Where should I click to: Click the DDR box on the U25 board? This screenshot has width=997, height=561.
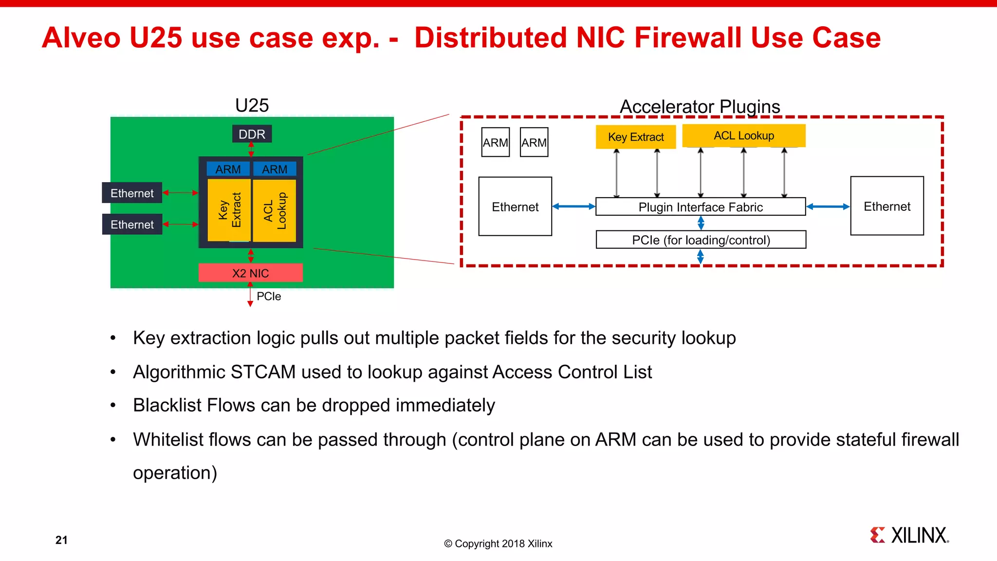pyautogui.click(x=252, y=134)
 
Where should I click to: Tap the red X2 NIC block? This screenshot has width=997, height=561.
pyautogui.click(x=250, y=273)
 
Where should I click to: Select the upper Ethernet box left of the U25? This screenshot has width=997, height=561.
pyautogui.click(x=132, y=193)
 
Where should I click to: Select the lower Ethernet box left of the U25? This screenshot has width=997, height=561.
pyautogui.click(x=132, y=224)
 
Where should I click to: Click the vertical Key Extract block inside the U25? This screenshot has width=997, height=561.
pyautogui.click(x=229, y=210)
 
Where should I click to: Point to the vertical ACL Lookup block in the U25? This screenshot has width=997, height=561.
pyautogui.click(x=275, y=210)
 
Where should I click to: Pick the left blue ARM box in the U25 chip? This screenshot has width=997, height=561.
pyautogui.click(x=228, y=169)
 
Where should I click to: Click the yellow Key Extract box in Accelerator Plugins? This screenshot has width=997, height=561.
pyautogui.click(x=635, y=137)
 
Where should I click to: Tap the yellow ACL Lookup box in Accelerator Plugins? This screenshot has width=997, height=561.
pyautogui.click(x=743, y=135)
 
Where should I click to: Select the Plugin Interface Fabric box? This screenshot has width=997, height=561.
pyautogui.click(x=700, y=207)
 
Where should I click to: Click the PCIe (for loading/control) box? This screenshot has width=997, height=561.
pyautogui.click(x=701, y=240)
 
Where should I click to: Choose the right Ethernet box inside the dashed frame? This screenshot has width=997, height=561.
pyautogui.click(x=886, y=206)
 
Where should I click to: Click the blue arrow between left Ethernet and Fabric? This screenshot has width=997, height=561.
pyautogui.click(x=573, y=206)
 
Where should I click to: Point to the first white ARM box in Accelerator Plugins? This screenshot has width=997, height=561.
pyautogui.click(x=495, y=142)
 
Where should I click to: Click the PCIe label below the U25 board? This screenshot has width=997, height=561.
pyautogui.click(x=269, y=296)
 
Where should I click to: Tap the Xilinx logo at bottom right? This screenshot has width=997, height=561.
pyautogui.click(x=909, y=535)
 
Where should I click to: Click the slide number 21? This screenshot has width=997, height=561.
pyautogui.click(x=61, y=540)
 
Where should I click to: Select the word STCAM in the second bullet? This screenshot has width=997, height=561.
pyautogui.click(x=263, y=372)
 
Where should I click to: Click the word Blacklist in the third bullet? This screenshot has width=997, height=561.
pyautogui.click(x=167, y=405)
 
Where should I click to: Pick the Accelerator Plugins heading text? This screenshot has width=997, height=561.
pyautogui.click(x=700, y=107)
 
